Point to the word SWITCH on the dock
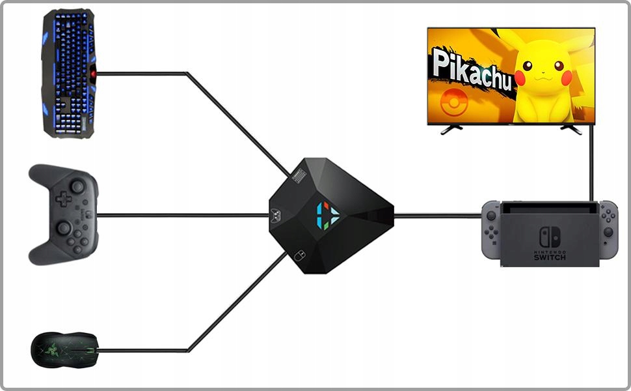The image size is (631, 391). [550, 257]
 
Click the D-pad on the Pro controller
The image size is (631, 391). [63, 199]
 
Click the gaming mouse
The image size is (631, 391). [65, 351]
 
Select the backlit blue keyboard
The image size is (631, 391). [68, 73]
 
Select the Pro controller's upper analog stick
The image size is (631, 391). [77, 187]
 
